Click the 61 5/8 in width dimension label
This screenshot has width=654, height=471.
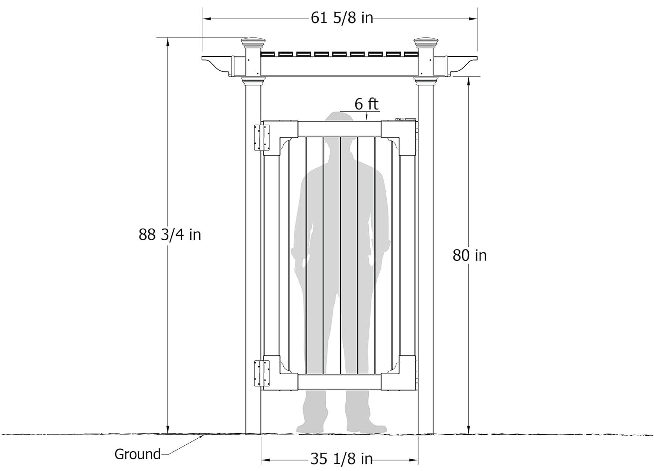tap(341, 18)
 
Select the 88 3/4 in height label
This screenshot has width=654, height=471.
tap(170, 235)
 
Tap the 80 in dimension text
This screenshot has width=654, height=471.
tap(469, 255)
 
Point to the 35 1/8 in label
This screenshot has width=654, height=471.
tap(341, 459)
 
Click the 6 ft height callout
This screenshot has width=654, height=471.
tap(366, 104)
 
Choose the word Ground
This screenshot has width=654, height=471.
tap(137, 454)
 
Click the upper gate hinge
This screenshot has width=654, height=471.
tap(262, 137)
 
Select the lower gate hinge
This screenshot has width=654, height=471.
tap(262, 373)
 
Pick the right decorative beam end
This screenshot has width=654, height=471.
tap(463, 64)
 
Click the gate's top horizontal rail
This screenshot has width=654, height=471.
tap(340, 128)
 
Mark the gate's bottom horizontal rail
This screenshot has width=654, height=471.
tap(340, 382)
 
